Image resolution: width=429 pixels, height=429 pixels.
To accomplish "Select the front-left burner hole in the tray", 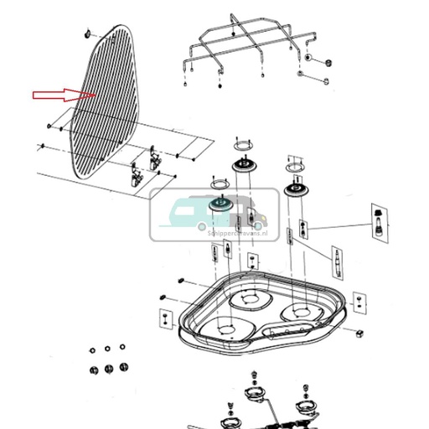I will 222,329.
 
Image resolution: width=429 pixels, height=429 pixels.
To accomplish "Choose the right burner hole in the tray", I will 300,313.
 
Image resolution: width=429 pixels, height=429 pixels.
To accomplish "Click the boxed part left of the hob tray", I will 164,319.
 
